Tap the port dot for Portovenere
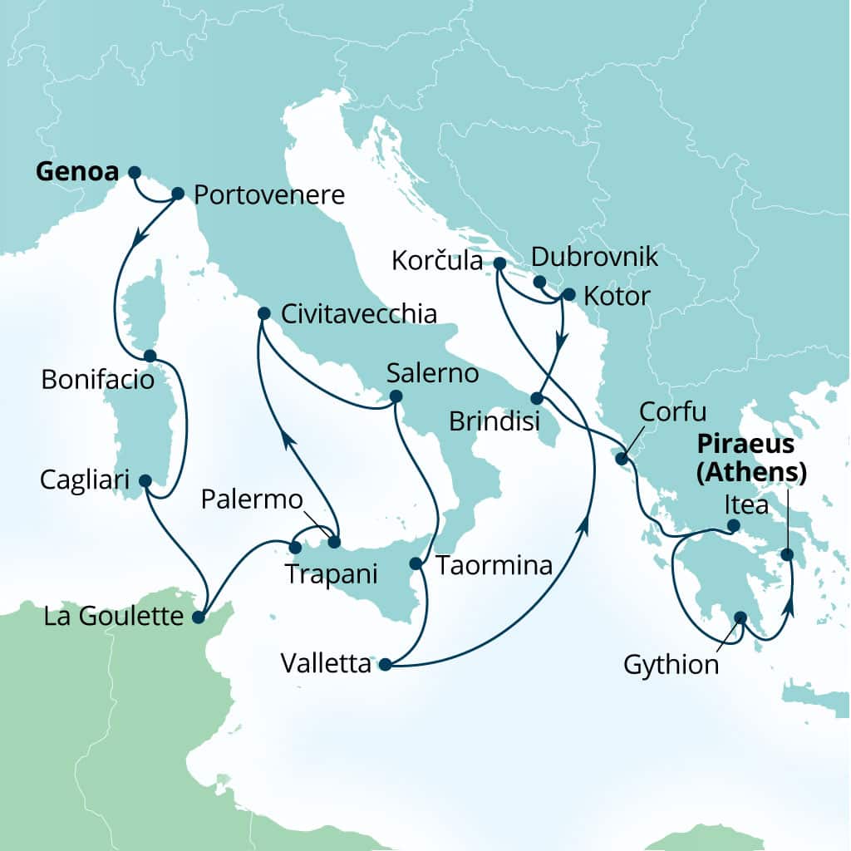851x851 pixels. pos(177,194)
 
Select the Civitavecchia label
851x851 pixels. pos(359,314)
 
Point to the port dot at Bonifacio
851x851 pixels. pos(150,356)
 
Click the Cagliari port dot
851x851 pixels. pos(145,480)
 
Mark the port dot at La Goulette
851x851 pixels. pos(198,617)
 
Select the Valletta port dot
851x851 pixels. pos(385,664)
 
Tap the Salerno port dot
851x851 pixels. pos(396,396)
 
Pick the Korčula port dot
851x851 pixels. pos(499,263)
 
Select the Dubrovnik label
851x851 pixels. pos(594,256)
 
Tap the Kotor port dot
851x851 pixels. pos(568,294)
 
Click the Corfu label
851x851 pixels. pos(673,412)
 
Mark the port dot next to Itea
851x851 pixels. pos(733,525)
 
